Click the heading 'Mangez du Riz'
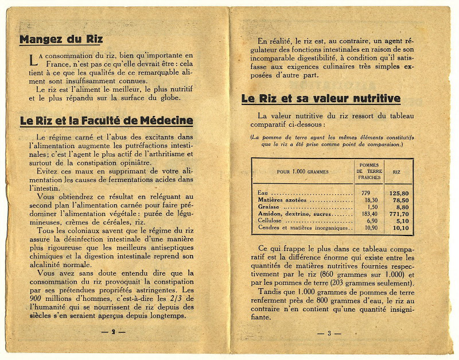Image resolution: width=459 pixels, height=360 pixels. click(x=61, y=40)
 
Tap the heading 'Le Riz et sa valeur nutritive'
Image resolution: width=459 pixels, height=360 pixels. click(x=321, y=99)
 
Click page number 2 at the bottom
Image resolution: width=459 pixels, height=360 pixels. click(x=114, y=332)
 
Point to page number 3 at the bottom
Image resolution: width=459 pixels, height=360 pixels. click(x=329, y=333)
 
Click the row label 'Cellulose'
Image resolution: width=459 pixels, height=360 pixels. click(x=272, y=220)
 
